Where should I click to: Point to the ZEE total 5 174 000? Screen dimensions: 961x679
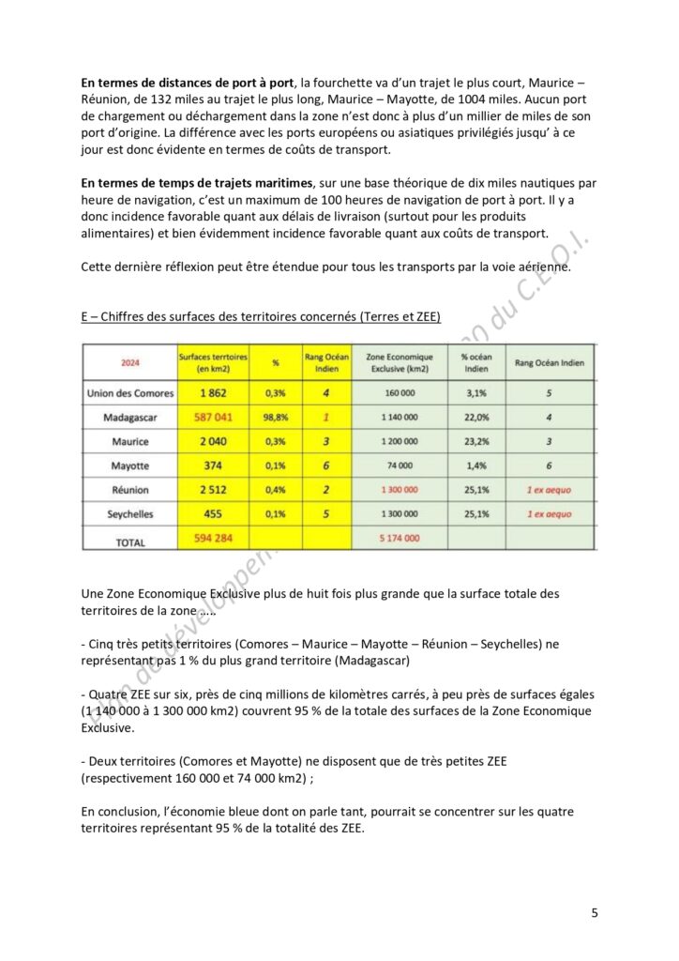(399, 538)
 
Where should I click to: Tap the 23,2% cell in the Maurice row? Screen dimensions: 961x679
(476, 440)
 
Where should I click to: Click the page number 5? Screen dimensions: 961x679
(595, 911)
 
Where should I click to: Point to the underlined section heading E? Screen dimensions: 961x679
(261, 316)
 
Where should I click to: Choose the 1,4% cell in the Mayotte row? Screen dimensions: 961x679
(476, 465)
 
